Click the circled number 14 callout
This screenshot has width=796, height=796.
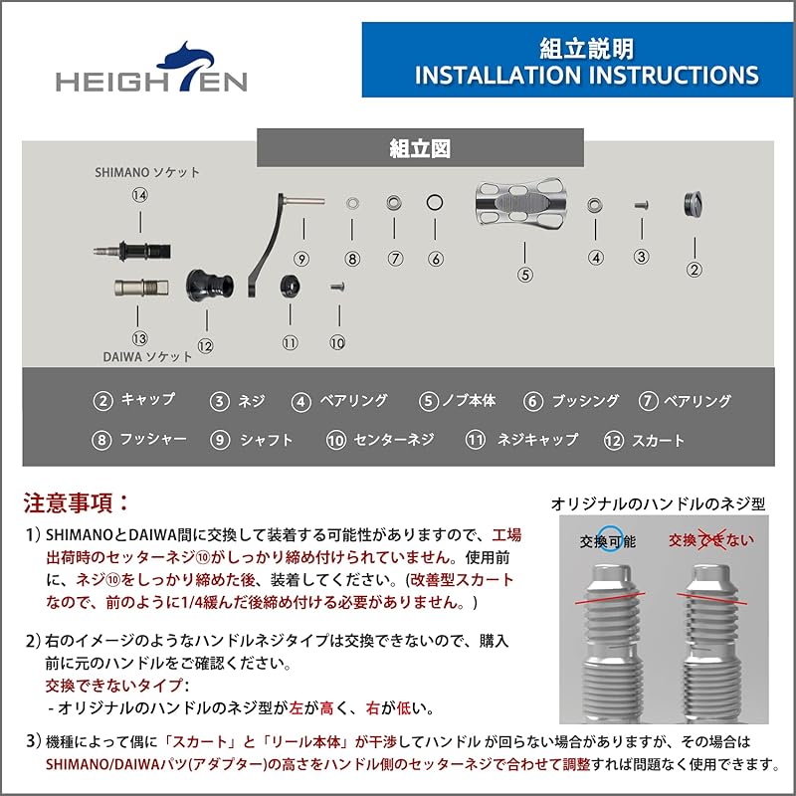coord(139,196)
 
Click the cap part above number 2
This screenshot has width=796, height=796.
coord(695,204)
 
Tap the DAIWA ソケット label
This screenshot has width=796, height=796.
coord(145,355)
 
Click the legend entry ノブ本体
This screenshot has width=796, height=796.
coord(458,401)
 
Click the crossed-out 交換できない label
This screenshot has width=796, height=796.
coord(710,539)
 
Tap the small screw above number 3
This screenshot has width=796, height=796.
coord(642,205)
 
